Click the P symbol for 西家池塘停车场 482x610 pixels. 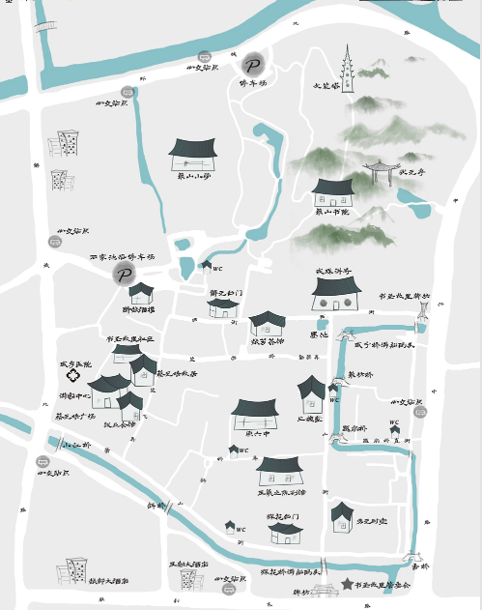123,275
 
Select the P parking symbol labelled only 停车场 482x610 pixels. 253,64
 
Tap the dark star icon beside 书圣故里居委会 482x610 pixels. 347,584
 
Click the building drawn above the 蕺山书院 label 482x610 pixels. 334,190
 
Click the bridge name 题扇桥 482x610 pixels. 354,426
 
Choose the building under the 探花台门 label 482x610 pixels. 286,533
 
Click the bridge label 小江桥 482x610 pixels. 76,446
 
